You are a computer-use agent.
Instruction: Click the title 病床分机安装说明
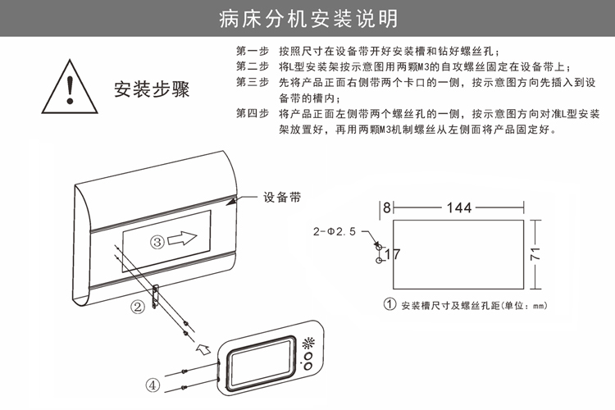pyautogui.click(x=307, y=18)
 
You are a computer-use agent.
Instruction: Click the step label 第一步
pyautogui.click(x=252, y=51)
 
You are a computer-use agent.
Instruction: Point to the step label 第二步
pyautogui.click(x=252, y=66)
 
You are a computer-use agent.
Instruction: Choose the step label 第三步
pyautogui.click(x=252, y=82)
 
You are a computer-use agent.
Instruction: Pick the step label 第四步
pyautogui.click(x=252, y=113)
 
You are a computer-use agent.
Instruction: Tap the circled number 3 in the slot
pyautogui.click(x=158, y=241)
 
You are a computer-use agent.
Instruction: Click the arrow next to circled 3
pyautogui.click(x=187, y=240)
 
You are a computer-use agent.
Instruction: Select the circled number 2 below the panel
pyautogui.click(x=139, y=306)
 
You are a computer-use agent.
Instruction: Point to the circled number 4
pyautogui.click(x=153, y=382)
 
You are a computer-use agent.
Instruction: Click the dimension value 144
pyautogui.click(x=459, y=207)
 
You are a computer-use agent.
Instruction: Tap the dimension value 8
pyautogui.click(x=386, y=207)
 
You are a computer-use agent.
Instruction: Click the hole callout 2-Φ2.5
pyautogui.click(x=334, y=233)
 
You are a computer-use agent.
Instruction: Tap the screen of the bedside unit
pyautogui.click(x=258, y=361)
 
